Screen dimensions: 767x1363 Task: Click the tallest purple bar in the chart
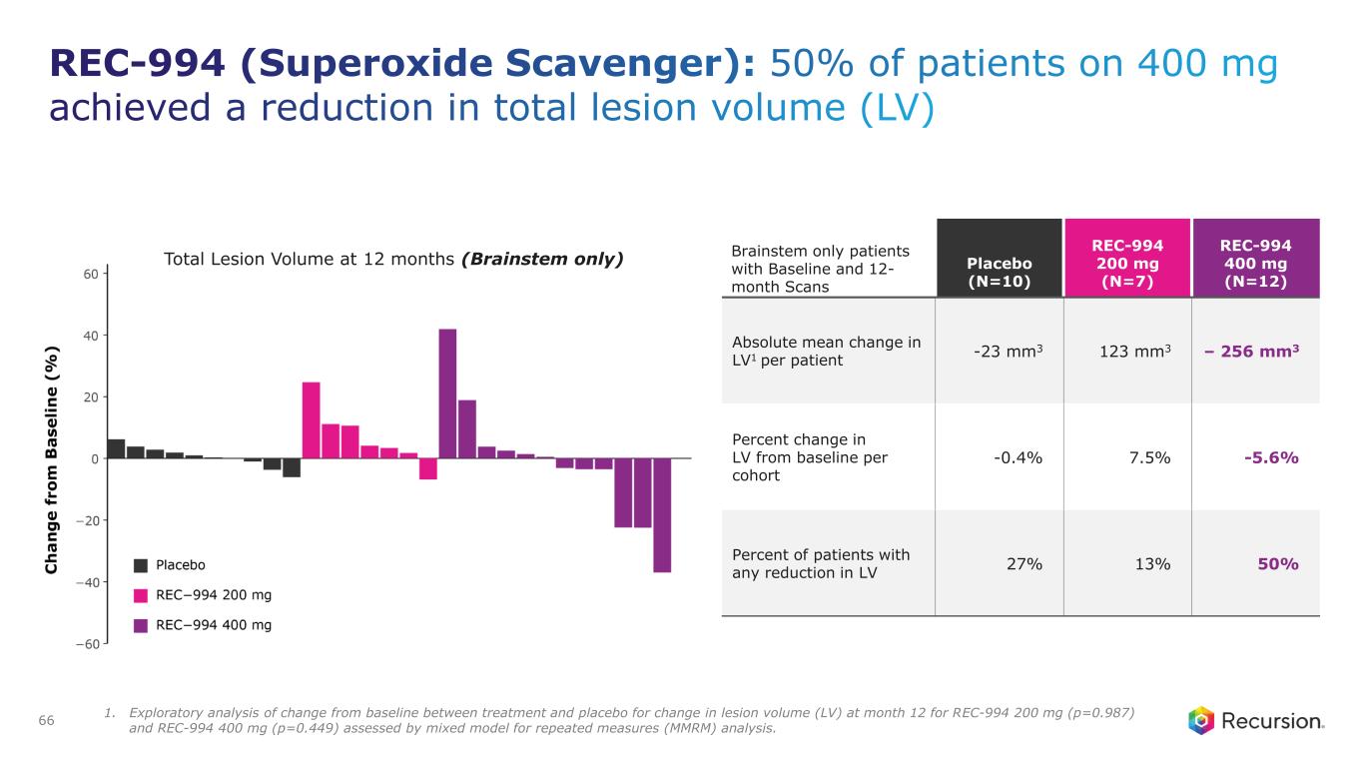tap(447, 393)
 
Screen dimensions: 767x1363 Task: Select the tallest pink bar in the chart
tap(311, 420)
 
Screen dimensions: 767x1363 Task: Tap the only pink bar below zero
tap(428, 468)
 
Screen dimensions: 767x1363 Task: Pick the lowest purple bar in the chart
tap(662, 515)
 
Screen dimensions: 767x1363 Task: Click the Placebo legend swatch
tap(141, 564)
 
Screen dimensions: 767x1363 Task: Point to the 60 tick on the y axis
tap(89, 274)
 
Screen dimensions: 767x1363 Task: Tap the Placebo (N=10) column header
tap(999, 269)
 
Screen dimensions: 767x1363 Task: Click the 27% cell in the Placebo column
tap(1022, 564)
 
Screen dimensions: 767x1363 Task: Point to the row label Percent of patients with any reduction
tap(821, 563)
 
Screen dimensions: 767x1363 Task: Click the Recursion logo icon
tap(1202, 720)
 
